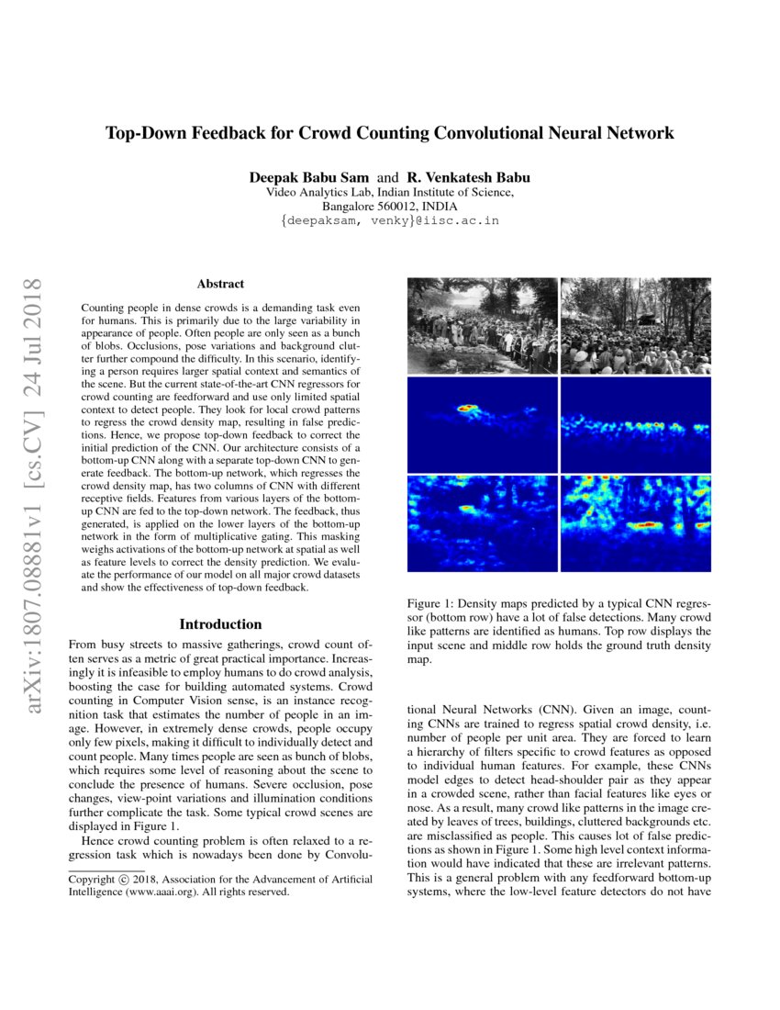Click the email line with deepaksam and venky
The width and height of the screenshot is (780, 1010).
coord(389,221)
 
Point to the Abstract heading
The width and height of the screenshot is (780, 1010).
coord(220,285)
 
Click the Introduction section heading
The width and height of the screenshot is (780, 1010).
coord(220,624)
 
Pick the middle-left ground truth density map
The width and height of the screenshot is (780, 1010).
coord(482,422)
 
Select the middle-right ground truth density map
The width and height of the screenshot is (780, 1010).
coord(635,422)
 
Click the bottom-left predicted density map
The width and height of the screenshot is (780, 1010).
coord(482,522)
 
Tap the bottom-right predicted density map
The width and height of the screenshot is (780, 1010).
coord(635,522)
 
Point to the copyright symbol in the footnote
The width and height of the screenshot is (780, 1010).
coord(125,880)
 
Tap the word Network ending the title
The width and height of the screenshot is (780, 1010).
coord(640,133)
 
